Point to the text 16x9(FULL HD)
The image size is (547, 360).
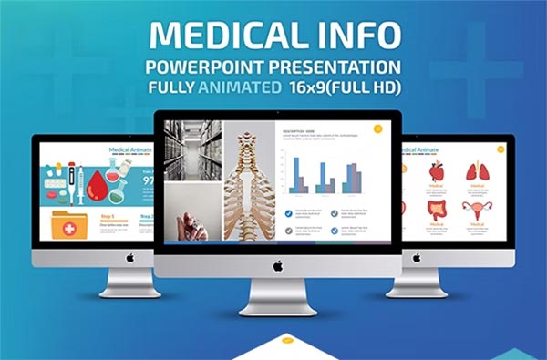coord(345,89)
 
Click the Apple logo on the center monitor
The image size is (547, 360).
coord(277,265)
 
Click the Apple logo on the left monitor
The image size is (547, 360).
coord(129,258)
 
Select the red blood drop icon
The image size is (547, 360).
coord(96,187)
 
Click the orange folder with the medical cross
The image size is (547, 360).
coord(69,225)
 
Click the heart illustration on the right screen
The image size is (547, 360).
coord(437,170)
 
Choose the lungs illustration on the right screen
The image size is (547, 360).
coord(477,170)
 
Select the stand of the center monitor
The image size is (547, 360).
coord(277,297)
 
